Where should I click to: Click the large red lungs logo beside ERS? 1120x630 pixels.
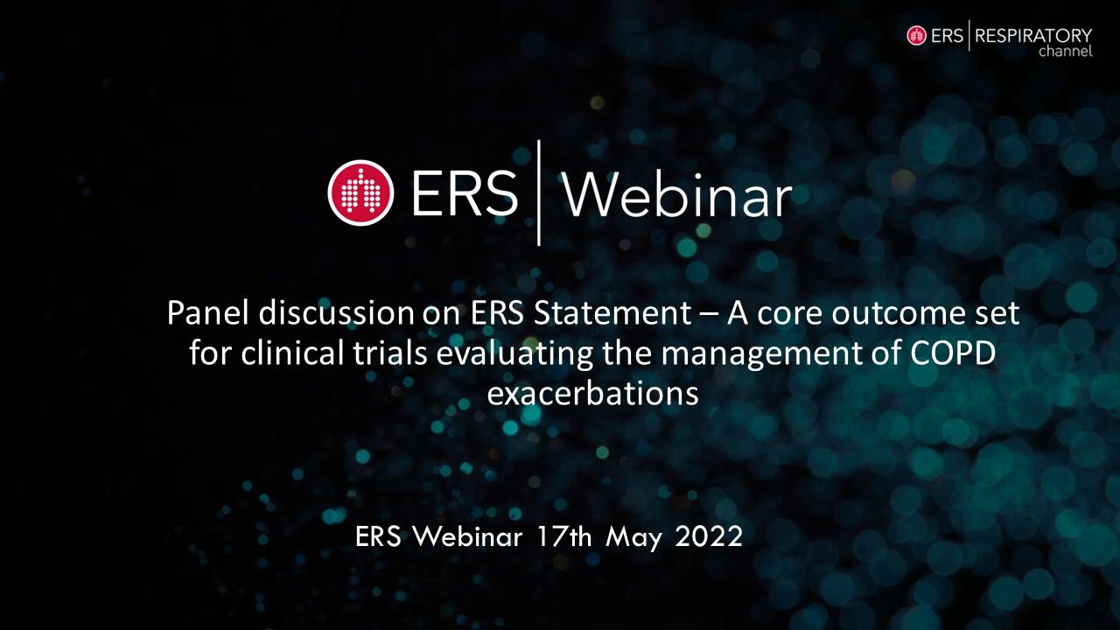pyautogui.click(x=360, y=193)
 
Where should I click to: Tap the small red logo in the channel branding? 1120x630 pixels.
pyautogui.click(x=916, y=36)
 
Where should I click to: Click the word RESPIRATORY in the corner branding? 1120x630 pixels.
pyautogui.click(x=1033, y=36)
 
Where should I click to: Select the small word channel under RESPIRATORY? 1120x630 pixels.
pyautogui.click(x=1066, y=51)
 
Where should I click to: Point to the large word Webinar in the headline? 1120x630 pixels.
pyautogui.click(x=678, y=195)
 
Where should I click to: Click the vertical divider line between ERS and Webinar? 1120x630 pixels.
pyautogui.click(x=538, y=193)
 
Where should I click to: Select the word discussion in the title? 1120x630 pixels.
pyautogui.click(x=337, y=313)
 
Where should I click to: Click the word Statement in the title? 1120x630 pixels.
pyautogui.click(x=612, y=313)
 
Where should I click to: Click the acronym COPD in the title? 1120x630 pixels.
pyautogui.click(x=953, y=353)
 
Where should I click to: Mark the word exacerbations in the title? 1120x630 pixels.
pyautogui.click(x=592, y=394)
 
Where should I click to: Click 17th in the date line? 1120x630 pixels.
pyautogui.click(x=564, y=536)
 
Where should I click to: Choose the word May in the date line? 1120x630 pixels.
pyautogui.click(x=633, y=538)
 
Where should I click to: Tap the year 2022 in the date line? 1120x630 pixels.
pyautogui.click(x=709, y=536)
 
